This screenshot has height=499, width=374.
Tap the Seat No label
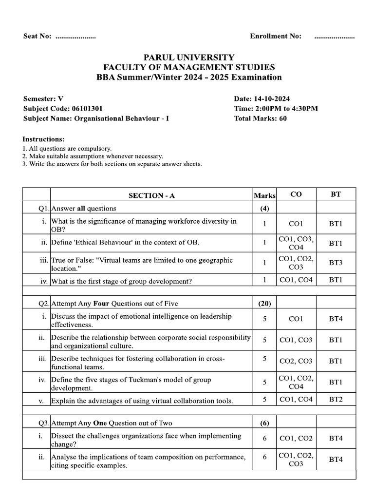tap(37, 37)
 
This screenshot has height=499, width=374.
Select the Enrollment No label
tap(275, 37)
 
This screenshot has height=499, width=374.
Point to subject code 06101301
tap(87, 109)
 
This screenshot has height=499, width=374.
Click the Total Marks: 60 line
tap(260, 118)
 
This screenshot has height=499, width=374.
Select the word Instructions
tap(43, 139)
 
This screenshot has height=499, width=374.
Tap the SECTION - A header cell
tap(151, 195)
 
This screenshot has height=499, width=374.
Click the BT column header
tap(336, 194)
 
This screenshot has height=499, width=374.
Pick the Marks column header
tap(264, 196)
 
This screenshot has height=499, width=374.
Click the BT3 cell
tap(336, 263)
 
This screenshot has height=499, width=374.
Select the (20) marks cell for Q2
tap(264, 304)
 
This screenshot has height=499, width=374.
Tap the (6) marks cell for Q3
tap(264, 423)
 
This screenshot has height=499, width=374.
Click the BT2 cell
tap(336, 400)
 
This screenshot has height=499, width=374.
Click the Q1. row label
tap(44, 209)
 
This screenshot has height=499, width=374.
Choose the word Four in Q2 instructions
tap(100, 304)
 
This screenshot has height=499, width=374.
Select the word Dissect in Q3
tap(63, 436)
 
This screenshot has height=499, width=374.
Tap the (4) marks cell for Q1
tap(264, 209)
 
